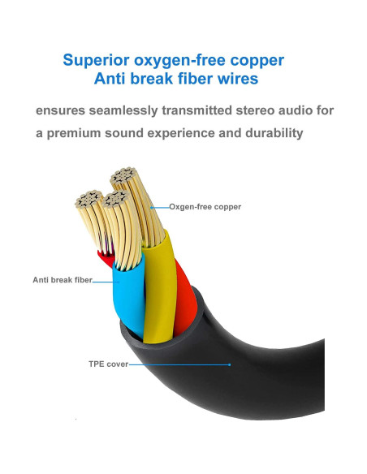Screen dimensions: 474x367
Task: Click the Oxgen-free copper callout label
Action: [205, 207]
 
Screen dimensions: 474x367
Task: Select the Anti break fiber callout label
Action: [62, 279]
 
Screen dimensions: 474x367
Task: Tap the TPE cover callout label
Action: [107, 364]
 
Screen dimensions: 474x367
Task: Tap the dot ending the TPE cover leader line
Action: [231, 364]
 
